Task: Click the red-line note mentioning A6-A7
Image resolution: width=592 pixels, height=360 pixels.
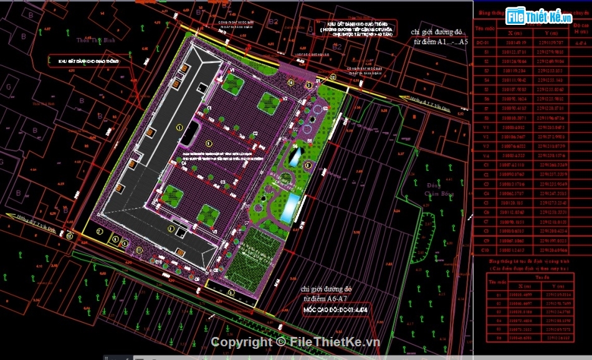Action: coord(326,294)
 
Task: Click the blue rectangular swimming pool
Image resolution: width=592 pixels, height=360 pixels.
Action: coord(289,207)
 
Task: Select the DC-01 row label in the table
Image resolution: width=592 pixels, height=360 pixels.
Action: coord(482,43)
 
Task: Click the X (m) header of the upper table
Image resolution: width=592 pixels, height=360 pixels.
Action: coord(515,33)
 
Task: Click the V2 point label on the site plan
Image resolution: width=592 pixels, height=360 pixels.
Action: coord(284,98)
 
